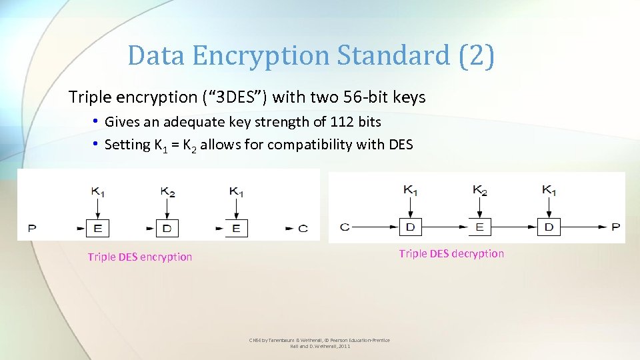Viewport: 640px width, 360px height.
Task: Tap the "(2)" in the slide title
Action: [x=477, y=55]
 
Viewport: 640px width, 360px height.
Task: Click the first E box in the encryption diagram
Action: [x=98, y=228]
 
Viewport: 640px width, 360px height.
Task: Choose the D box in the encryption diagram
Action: [x=167, y=228]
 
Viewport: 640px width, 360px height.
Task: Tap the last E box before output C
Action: [x=237, y=228]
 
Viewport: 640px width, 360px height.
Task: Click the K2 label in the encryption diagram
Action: [x=167, y=192]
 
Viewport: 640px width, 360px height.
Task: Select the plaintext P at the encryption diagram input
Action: [x=31, y=229]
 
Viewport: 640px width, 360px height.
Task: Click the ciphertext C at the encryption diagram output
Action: [x=303, y=229]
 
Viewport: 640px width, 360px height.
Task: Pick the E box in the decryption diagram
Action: [x=479, y=227]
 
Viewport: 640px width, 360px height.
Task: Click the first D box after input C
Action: [x=410, y=227]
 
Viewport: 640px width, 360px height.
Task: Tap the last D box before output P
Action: [x=549, y=227]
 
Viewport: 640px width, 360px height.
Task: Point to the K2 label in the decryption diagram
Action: [x=479, y=190]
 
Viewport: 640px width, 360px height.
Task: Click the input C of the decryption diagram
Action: [x=345, y=227]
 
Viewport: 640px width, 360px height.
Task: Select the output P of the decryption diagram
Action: [x=615, y=227]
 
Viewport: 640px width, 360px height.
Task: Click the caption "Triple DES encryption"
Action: [x=139, y=257]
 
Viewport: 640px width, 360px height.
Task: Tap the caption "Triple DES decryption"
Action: [x=451, y=253]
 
